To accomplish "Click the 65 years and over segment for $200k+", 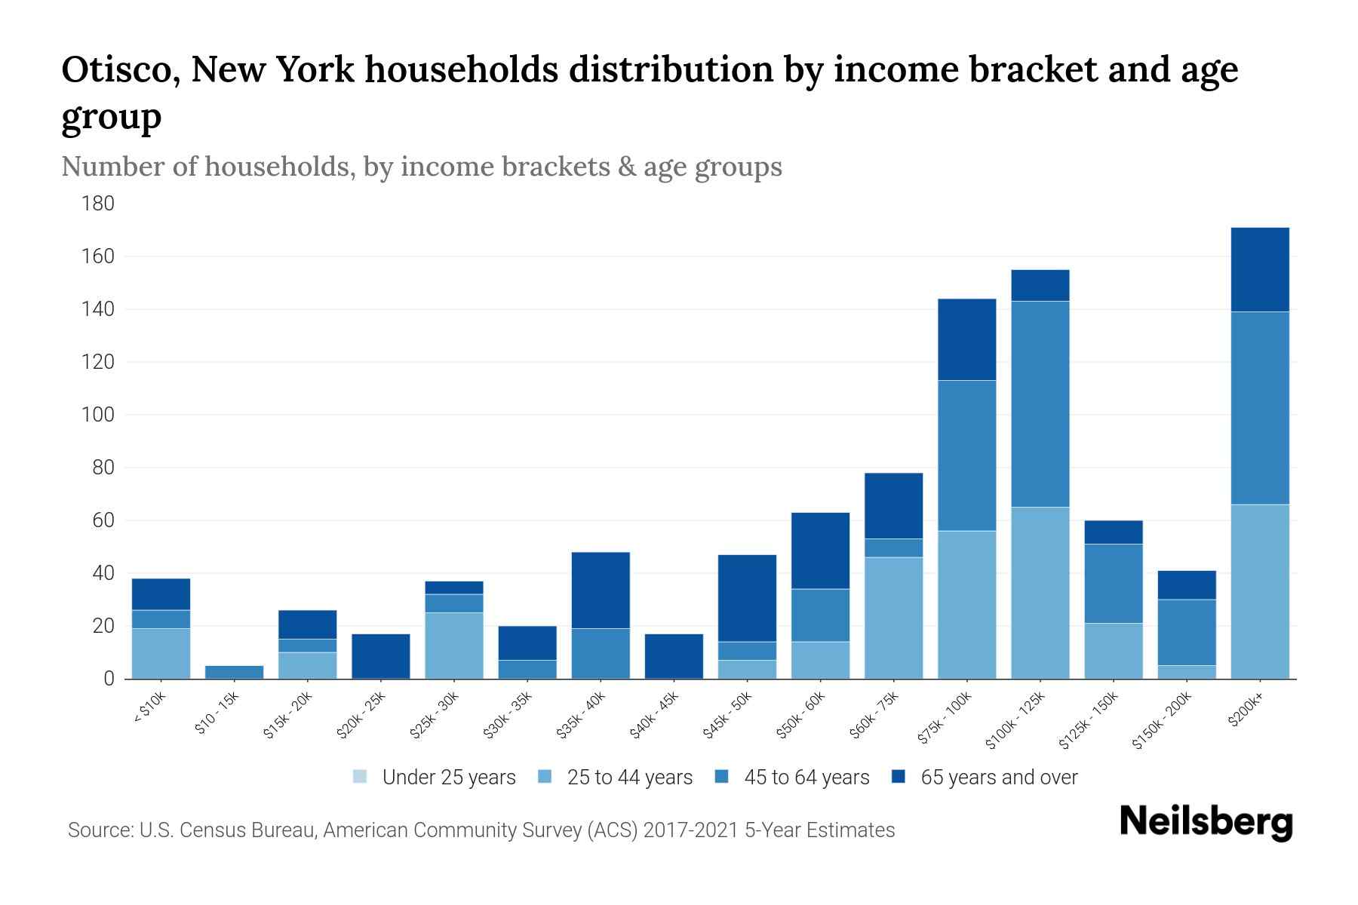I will pos(1259,269).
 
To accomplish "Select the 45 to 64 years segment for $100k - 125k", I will pos(1040,403).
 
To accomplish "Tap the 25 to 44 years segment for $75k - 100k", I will pos(966,604).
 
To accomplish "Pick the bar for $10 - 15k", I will pos(234,672).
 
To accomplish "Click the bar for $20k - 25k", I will pos(381,655).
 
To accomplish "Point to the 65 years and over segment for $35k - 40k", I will pos(601,590).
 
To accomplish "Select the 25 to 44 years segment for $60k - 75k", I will pos(893,618).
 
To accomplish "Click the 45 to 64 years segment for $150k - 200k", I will pos(1186,632).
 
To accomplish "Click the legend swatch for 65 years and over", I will pos(899,777).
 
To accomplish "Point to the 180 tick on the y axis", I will pos(98,204).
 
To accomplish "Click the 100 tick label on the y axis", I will pos(98,415).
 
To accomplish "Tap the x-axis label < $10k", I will pos(150,710).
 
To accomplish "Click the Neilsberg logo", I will pos(1206,822).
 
